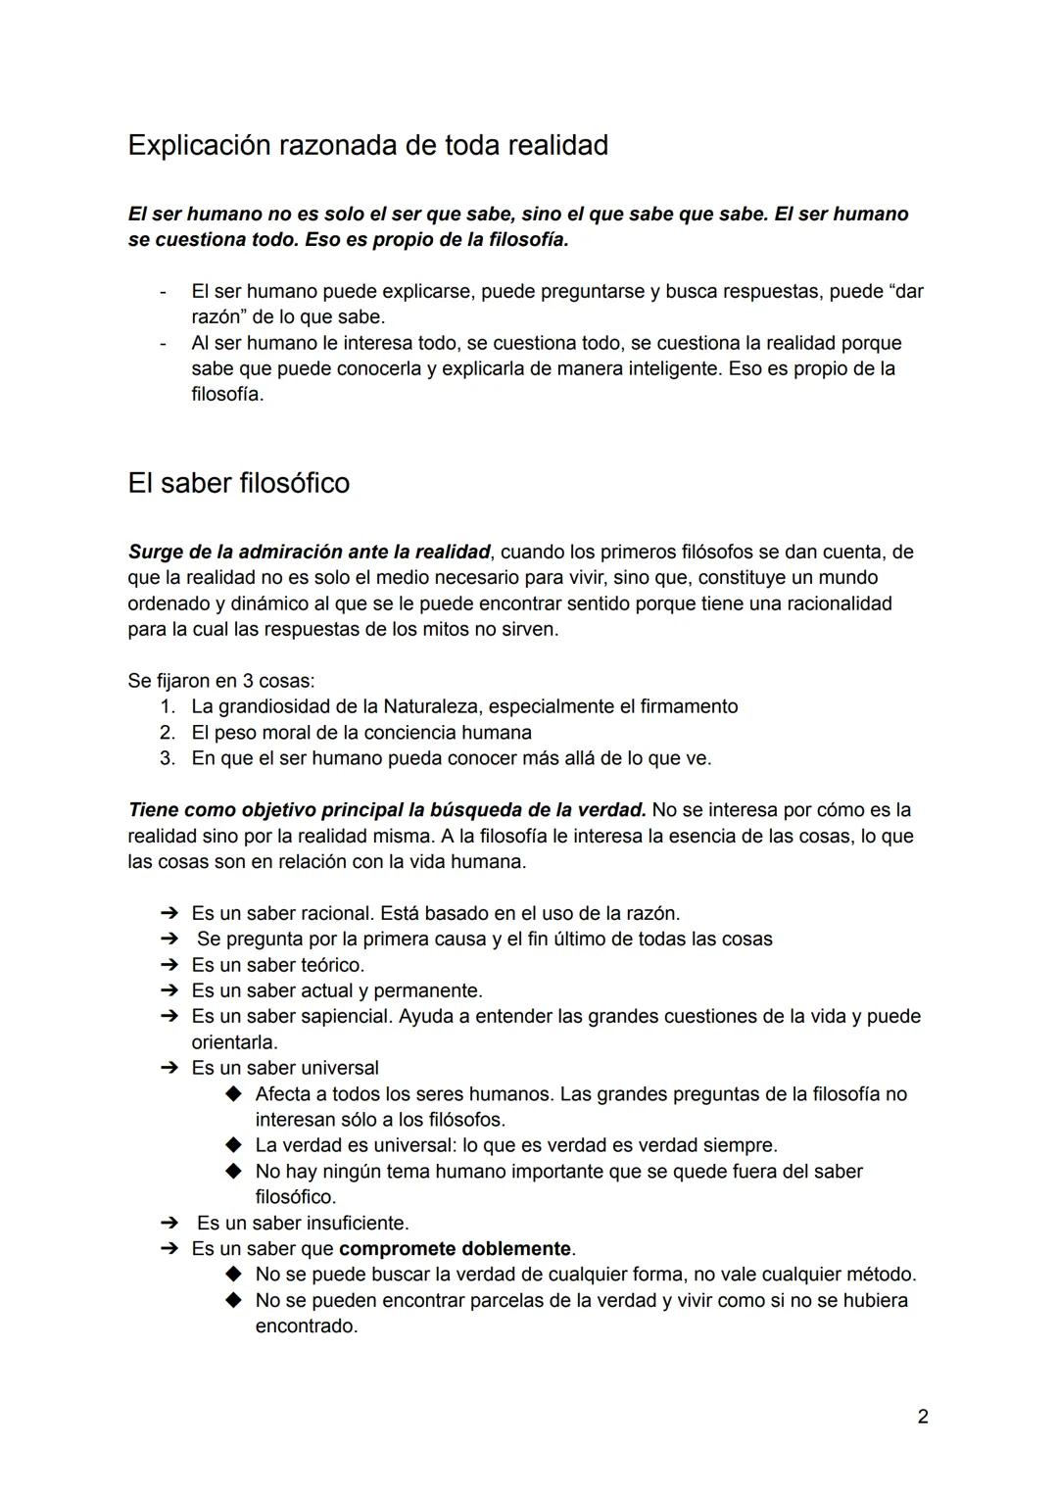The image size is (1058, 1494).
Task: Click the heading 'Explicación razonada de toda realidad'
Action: [x=367, y=145]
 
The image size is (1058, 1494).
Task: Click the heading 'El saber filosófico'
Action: [x=238, y=483]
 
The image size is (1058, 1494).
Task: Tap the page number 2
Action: [x=923, y=1417]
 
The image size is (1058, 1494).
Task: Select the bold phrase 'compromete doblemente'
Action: [x=455, y=1249]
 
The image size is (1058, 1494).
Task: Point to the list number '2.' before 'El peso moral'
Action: [x=168, y=733]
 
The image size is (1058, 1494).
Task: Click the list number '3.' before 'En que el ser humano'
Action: [x=168, y=758]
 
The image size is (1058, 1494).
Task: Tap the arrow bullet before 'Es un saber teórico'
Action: [x=168, y=965]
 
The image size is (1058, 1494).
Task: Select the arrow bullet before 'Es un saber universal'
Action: [x=168, y=1068]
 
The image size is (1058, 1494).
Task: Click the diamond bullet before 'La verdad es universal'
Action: [x=233, y=1145]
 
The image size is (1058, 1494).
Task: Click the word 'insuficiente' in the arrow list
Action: [x=357, y=1224]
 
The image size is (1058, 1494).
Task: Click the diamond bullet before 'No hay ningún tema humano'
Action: [x=233, y=1172]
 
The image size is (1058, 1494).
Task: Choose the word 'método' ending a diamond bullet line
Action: [x=880, y=1275]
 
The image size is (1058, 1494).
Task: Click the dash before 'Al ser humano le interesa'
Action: [x=165, y=344]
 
